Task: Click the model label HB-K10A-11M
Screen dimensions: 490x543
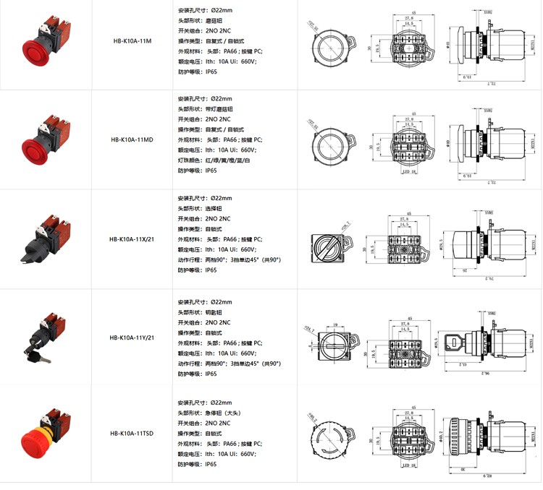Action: pos(132,42)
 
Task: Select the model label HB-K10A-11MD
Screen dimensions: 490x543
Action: pos(132,140)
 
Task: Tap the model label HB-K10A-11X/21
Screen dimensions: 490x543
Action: pos(132,239)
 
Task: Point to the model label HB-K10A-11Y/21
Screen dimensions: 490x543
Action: pos(132,337)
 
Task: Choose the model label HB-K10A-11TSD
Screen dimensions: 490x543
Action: pos(132,434)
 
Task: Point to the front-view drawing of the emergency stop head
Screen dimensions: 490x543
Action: pos(329,437)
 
